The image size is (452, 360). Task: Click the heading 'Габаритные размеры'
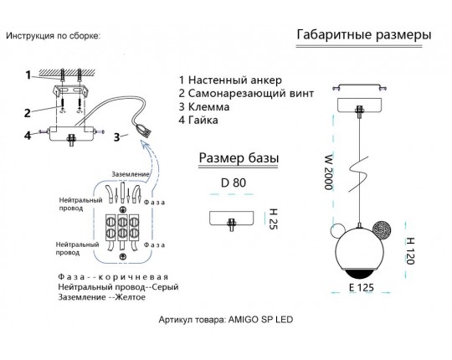tap(364, 35)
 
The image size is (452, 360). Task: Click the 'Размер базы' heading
tap(239, 158)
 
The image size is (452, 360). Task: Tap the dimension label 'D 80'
tap(234, 183)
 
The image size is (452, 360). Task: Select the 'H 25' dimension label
tap(273, 219)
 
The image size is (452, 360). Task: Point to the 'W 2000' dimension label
tap(329, 172)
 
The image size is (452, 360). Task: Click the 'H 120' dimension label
tap(410, 251)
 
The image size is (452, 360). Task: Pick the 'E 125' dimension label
tap(362, 287)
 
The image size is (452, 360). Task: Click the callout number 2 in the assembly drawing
tap(28, 113)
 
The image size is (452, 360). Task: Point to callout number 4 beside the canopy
tap(28, 135)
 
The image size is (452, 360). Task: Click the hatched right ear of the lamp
tap(382, 229)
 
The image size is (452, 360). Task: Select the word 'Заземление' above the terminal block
tap(131, 174)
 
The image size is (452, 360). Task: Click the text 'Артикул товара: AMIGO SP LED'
tap(226, 319)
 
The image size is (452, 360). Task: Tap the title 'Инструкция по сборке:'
tap(54, 36)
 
